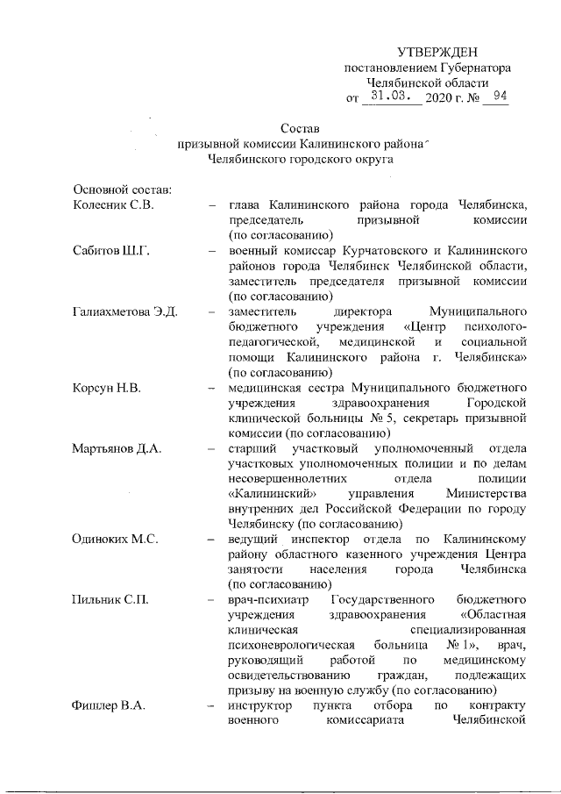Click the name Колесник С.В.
pos(113,205)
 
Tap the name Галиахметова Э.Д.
pos(125,311)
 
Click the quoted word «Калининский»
pos(266,493)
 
